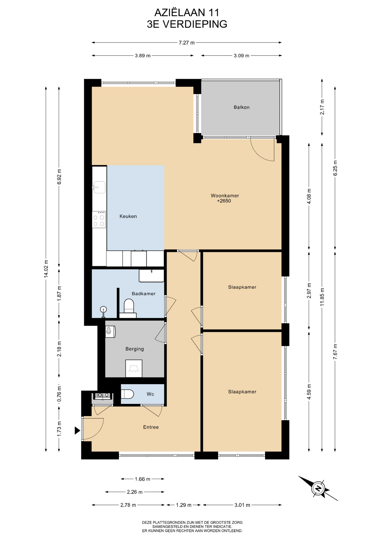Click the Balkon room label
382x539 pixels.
click(241, 107)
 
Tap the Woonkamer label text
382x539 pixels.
click(225, 196)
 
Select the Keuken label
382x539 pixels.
click(128, 216)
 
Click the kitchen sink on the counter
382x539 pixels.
click(99, 187)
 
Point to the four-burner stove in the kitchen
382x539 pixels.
click(99, 220)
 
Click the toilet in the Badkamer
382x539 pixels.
click(129, 306)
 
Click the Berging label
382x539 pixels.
click(134, 349)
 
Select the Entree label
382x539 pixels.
click(151, 427)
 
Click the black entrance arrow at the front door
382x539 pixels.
click(77, 430)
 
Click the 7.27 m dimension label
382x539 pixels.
click(187, 43)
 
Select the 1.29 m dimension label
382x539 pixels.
click(183, 505)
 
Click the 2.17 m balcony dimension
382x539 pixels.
click(322, 107)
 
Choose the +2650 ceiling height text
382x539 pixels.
click(224, 201)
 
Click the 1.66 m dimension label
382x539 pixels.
click(142, 479)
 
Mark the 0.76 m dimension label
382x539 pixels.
click(59, 394)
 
